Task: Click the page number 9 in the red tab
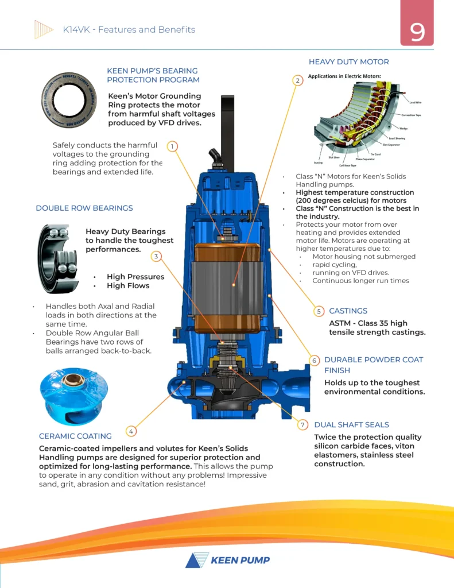click(417, 31)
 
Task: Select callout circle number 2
click(297, 80)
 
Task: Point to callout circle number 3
click(156, 256)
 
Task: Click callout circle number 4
click(131, 431)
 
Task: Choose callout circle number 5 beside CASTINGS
click(319, 311)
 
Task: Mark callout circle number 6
click(315, 361)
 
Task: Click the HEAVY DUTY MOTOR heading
click(348, 61)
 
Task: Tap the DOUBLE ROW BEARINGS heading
click(84, 208)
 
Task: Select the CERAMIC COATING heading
click(75, 436)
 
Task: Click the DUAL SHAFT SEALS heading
click(351, 425)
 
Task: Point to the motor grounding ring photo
click(65, 99)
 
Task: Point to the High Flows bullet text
click(127, 285)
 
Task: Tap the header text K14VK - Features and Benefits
click(129, 30)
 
